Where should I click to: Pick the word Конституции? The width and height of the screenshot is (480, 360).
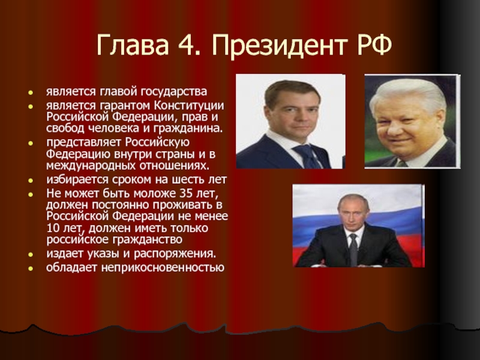(x=189, y=106)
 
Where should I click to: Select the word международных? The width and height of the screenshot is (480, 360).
(x=91, y=166)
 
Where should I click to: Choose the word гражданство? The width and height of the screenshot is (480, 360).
(x=148, y=239)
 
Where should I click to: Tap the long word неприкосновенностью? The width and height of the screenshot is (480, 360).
(x=163, y=267)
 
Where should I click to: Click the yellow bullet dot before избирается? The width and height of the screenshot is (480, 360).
(x=31, y=181)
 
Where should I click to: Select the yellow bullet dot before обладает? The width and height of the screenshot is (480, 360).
(x=31, y=268)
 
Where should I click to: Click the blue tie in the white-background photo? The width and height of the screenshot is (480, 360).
(x=308, y=156)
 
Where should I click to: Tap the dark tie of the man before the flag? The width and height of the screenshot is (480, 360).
(x=353, y=250)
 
